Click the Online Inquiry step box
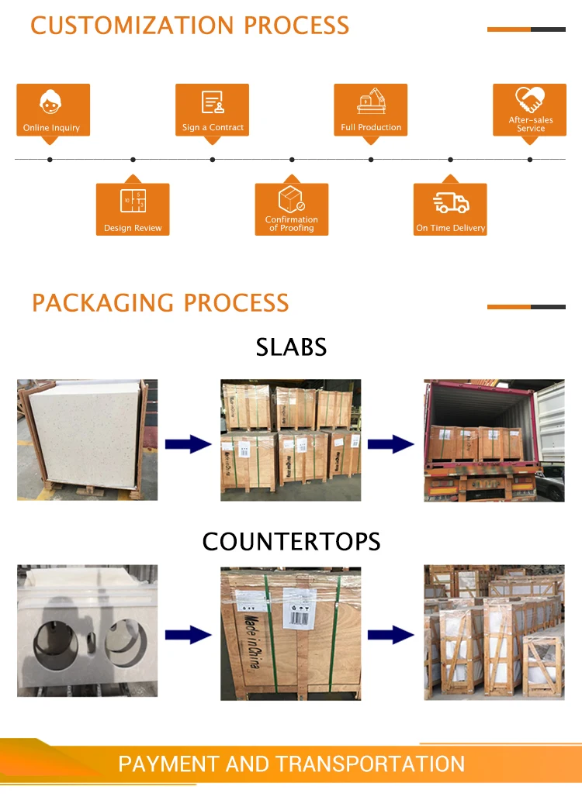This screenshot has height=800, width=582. coord(53,110)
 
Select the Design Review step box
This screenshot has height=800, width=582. coord(133,209)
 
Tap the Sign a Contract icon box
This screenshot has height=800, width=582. coord(213,110)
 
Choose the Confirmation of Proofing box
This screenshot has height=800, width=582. coord(292,209)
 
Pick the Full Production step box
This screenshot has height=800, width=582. coord(371,110)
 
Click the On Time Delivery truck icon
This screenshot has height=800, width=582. coord(451,204)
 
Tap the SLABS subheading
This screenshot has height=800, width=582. coord(291,347)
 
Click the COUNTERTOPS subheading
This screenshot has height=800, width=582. coord(291,541)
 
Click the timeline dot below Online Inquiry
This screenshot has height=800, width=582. coord(50,160)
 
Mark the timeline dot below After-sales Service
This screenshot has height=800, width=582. coord(530,160)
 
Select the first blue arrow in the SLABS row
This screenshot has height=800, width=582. coord(189,444)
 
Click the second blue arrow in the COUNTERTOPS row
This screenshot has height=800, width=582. coord(391,636)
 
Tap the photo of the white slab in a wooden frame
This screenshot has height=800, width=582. coord(88,440)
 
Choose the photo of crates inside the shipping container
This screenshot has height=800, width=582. coord(494,440)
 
